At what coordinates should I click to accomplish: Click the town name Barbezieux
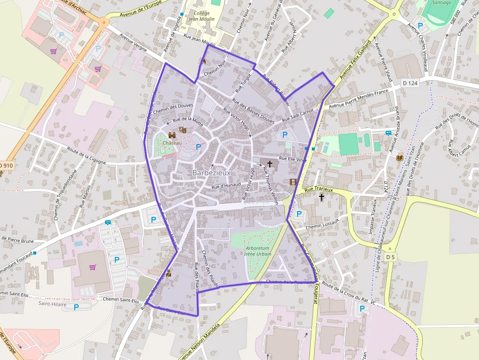click(x=211, y=173)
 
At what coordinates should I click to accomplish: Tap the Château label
click(x=172, y=143)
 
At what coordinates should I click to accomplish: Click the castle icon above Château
click(x=172, y=134)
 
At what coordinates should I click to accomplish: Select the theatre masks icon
click(x=183, y=130)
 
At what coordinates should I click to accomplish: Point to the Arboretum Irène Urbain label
click(x=258, y=251)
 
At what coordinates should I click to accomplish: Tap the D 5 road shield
click(x=390, y=257)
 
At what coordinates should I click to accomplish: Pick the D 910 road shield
click(x=6, y=166)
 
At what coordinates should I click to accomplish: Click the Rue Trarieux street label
click(x=318, y=190)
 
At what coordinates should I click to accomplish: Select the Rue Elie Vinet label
click(x=293, y=159)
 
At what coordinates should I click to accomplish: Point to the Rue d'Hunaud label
click(x=226, y=186)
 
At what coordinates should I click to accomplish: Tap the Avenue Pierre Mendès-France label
click(x=358, y=98)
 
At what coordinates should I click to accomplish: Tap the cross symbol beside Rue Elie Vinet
click(x=269, y=164)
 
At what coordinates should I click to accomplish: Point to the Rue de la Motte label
click(x=188, y=119)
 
